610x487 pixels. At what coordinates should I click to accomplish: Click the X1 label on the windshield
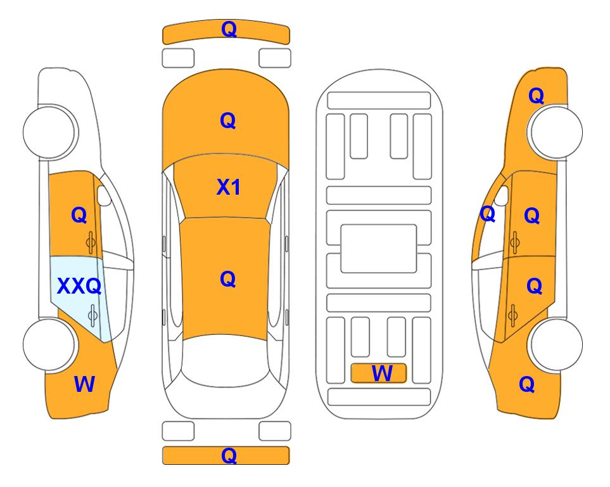point(229,187)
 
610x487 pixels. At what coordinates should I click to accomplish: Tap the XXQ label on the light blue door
point(79,287)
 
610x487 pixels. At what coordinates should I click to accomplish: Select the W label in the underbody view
point(382,373)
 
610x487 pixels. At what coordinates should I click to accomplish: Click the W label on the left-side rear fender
point(84,384)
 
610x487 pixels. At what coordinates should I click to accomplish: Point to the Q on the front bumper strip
point(229,29)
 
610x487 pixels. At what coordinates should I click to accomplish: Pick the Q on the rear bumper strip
point(229,455)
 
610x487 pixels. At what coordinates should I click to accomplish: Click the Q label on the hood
point(228,120)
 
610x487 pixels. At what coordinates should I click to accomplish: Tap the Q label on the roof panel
point(228,279)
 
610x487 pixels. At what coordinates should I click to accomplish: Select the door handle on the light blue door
point(92,315)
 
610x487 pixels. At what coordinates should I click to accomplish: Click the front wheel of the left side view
point(49,132)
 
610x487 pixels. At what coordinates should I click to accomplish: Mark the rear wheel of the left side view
point(49,344)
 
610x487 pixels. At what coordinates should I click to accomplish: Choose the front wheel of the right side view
point(556,132)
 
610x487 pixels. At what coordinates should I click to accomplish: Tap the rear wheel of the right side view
point(556,344)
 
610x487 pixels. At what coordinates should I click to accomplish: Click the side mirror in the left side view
point(104,195)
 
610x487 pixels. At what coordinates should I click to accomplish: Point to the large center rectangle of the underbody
point(379,249)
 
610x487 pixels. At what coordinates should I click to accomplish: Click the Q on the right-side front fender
point(536,96)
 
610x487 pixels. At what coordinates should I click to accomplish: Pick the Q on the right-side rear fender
point(527,384)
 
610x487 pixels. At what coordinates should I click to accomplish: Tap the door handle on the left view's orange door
point(91,242)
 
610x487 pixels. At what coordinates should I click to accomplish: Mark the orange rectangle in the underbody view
point(379,373)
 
